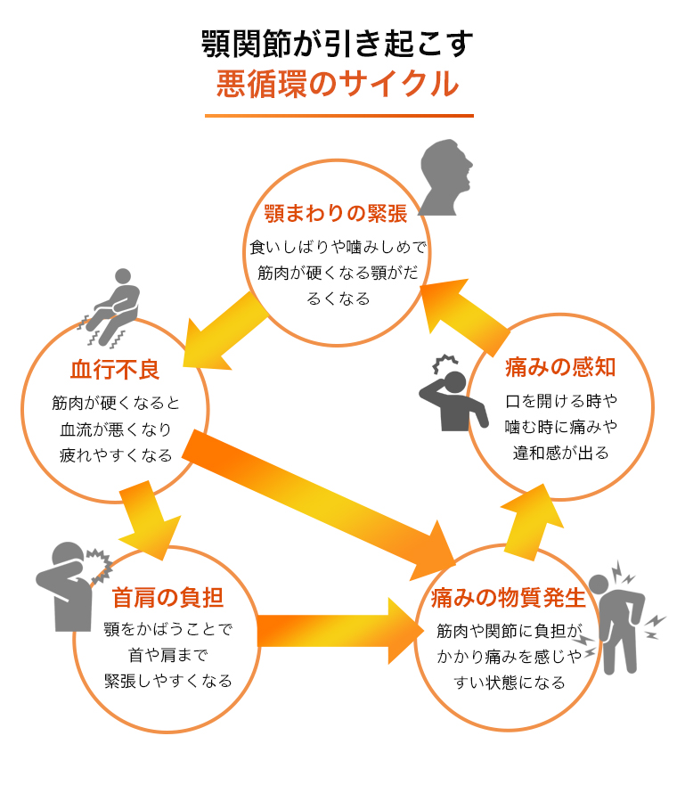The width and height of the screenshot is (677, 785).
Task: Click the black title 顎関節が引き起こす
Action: click(x=338, y=43)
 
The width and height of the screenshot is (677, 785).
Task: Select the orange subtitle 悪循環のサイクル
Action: click(x=338, y=85)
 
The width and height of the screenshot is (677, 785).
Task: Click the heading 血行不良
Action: click(x=116, y=368)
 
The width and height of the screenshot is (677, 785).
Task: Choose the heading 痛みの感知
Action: click(x=560, y=366)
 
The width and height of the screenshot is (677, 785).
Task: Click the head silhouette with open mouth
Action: click(x=446, y=177)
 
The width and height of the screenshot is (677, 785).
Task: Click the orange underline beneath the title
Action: click(x=338, y=115)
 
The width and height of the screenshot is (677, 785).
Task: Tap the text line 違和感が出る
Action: click(x=560, y=453)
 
